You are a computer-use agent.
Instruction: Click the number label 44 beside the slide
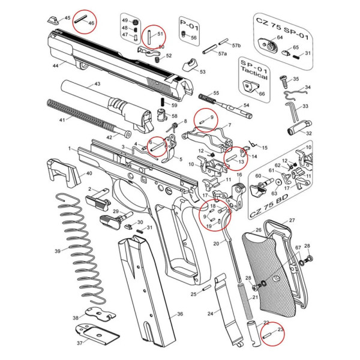click(x=55, y=64)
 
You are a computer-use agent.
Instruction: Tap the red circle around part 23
click(x=273, y=334)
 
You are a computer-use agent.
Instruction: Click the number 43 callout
click(x=97, y=85)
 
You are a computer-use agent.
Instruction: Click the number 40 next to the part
click(x=89, y=173)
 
